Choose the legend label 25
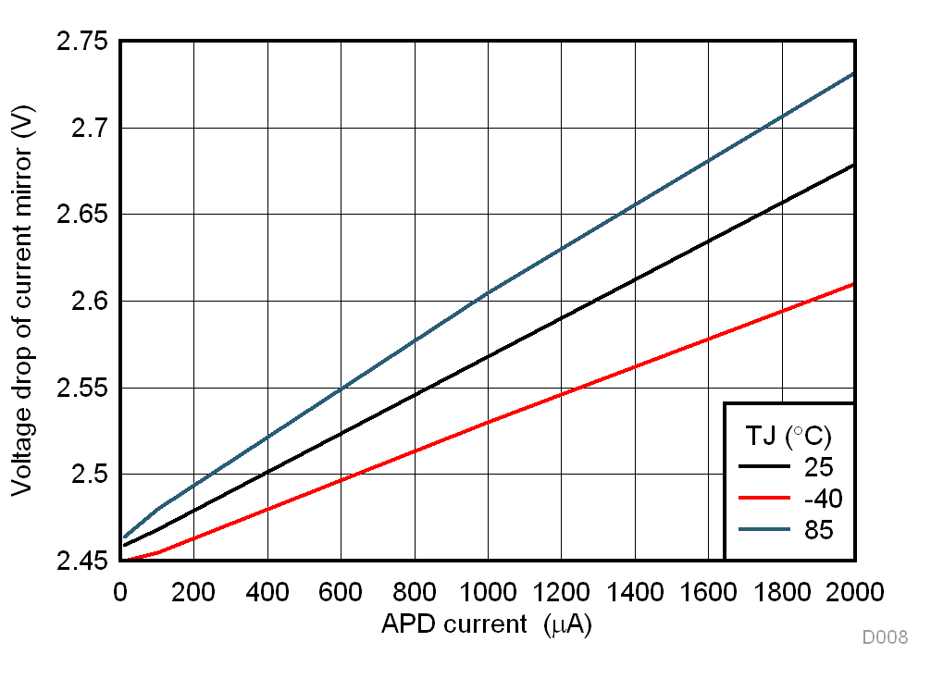point(819,467)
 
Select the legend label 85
point(819,530)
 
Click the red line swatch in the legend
point(763,499)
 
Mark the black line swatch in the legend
point(763,467)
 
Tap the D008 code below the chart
point(885,637)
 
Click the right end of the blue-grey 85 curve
point(852,73)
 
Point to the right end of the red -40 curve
point(852,284)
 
